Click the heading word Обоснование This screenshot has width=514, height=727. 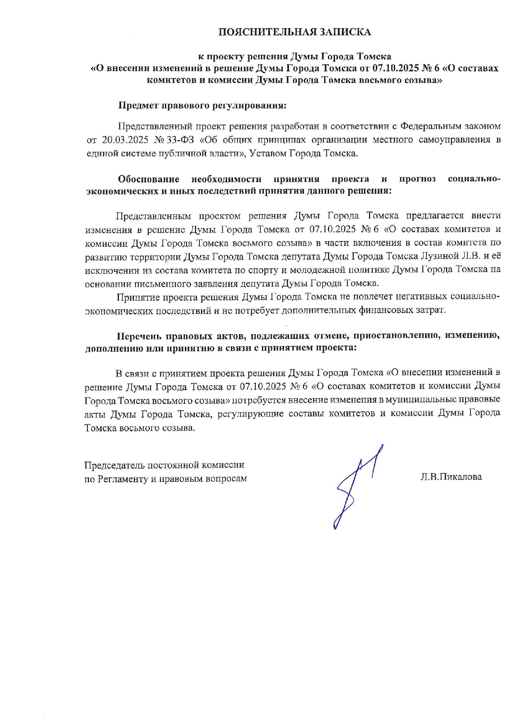tap(149, 179)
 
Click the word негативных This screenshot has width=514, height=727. tap(419, 297)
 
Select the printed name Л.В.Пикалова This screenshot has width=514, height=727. tap(451, 477)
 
